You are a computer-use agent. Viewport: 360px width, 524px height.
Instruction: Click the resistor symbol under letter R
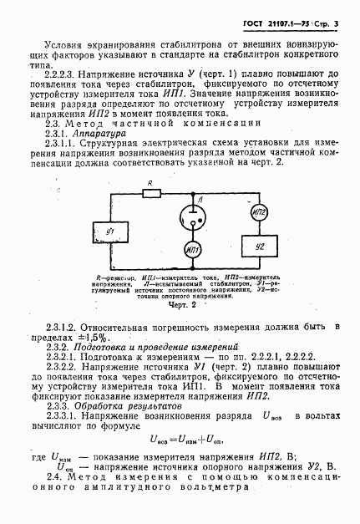click(x=151, y=193)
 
